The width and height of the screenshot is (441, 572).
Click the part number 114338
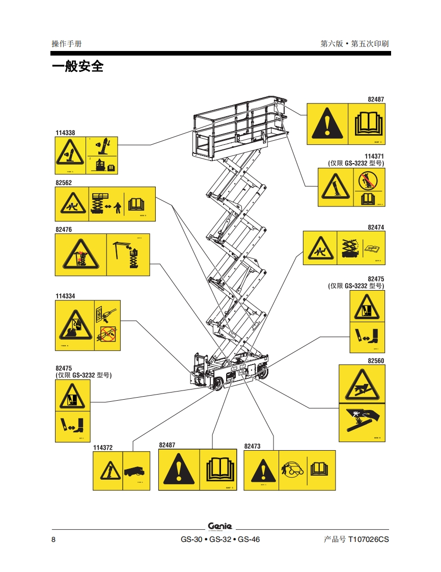65,133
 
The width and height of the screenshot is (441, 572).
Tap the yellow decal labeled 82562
105,204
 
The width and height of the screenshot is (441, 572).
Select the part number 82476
64,229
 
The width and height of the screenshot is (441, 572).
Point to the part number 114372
103,448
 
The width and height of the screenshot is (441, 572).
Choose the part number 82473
252,446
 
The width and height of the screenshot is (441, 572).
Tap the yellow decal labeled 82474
344,248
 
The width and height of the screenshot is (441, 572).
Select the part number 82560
376,360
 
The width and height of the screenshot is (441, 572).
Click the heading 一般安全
77,67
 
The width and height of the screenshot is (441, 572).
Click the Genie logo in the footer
220,526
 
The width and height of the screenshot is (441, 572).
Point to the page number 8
53,539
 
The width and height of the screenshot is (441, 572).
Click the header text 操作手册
67,44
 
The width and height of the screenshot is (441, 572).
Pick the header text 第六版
332,44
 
